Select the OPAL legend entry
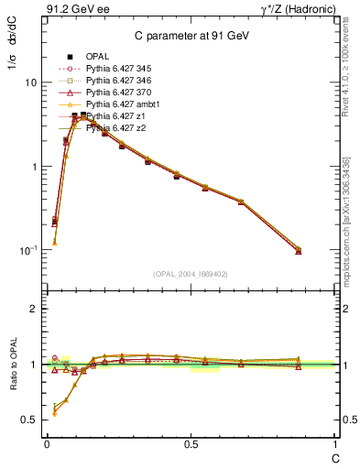point(97,57)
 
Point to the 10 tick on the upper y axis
point(29,82)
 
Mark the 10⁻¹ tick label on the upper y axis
point(27,250)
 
